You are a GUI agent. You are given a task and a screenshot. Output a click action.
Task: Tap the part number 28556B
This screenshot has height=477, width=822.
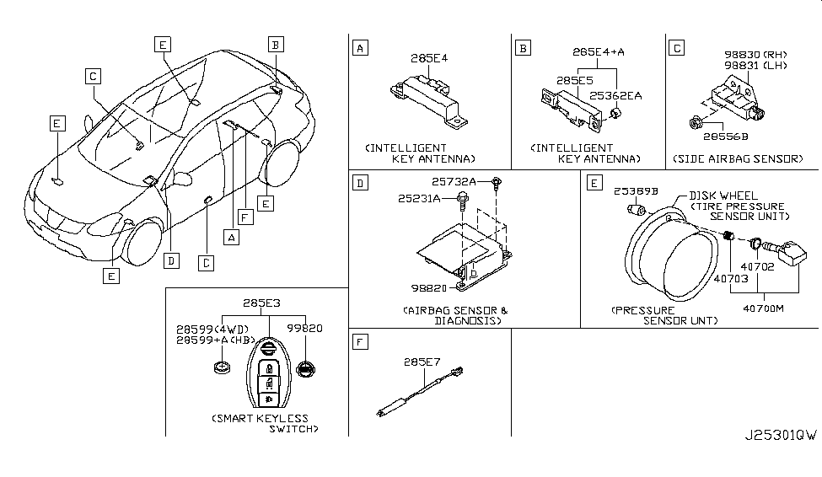(x=726, y=135)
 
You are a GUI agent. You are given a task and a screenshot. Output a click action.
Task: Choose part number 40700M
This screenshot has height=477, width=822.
(x=763, y=308)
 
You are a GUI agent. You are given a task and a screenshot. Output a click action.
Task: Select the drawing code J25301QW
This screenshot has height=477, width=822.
(x=780, y=436)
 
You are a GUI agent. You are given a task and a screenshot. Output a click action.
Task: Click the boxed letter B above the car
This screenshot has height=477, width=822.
(x=277, y=43)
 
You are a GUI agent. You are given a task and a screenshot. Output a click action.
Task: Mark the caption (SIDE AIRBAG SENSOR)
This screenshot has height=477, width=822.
(x=738, y=158)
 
